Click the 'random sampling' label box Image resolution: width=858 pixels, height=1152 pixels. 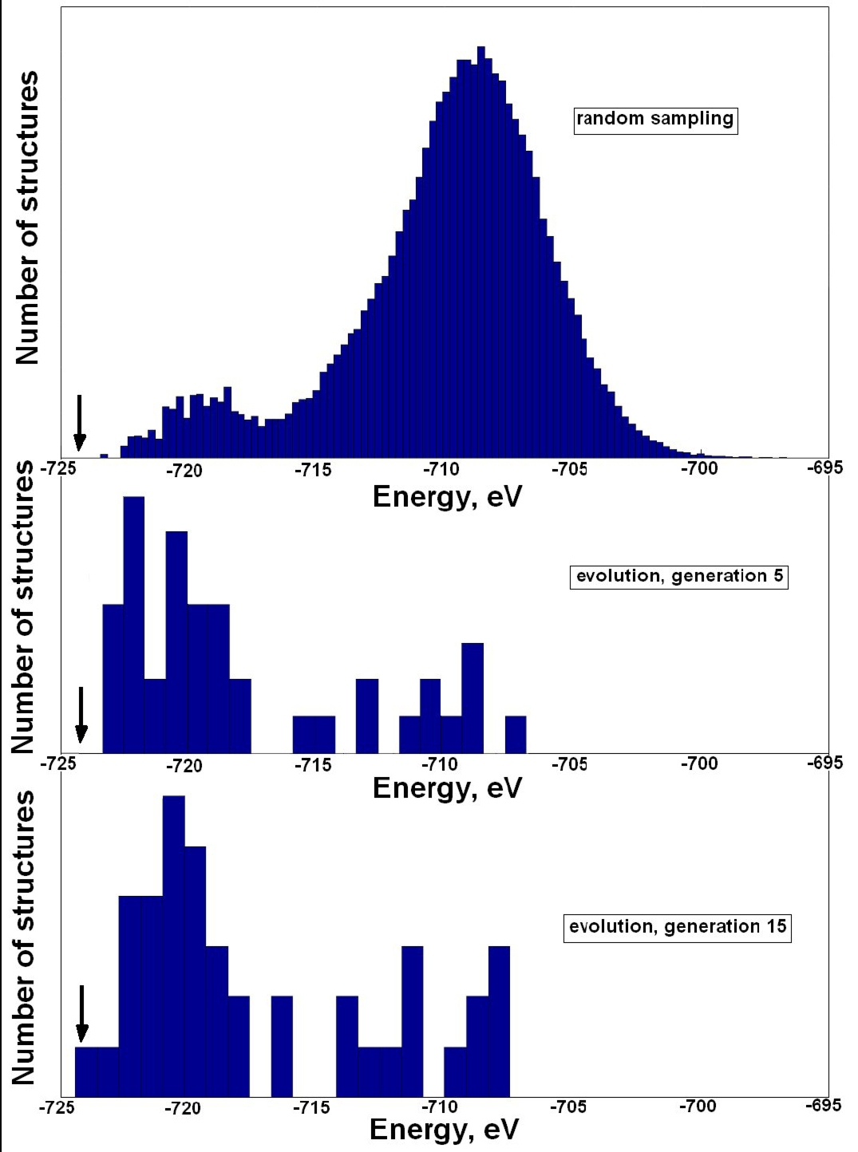(655, 120)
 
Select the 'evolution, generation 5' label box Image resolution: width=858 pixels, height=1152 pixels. (679, 577)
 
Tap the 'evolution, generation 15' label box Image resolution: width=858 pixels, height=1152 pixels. (678, 927)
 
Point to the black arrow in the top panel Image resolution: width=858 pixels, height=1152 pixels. (79, 422)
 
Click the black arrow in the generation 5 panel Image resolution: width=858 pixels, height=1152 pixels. (81, 714)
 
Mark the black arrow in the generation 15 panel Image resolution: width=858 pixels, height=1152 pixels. (81, 1013)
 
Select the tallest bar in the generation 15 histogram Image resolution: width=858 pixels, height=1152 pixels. (173, 945)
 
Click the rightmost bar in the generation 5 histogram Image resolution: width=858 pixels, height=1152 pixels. (516, 735)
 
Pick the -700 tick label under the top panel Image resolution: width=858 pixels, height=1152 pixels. (698, 469)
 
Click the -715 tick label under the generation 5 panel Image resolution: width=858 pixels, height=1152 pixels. (313, 765)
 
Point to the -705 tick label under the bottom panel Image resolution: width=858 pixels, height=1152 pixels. (568, 1107)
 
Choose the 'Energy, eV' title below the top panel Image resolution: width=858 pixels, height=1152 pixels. (447, 497)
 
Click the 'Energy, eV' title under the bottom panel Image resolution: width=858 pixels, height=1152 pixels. (444, 1130)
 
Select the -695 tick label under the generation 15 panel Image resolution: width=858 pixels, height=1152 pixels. (824, 1106)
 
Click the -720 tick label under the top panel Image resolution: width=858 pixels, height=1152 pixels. (184, 471)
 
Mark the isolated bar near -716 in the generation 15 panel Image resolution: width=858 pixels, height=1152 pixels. (282, 1046)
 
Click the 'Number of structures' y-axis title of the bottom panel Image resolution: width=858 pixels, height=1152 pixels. (25, 937)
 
